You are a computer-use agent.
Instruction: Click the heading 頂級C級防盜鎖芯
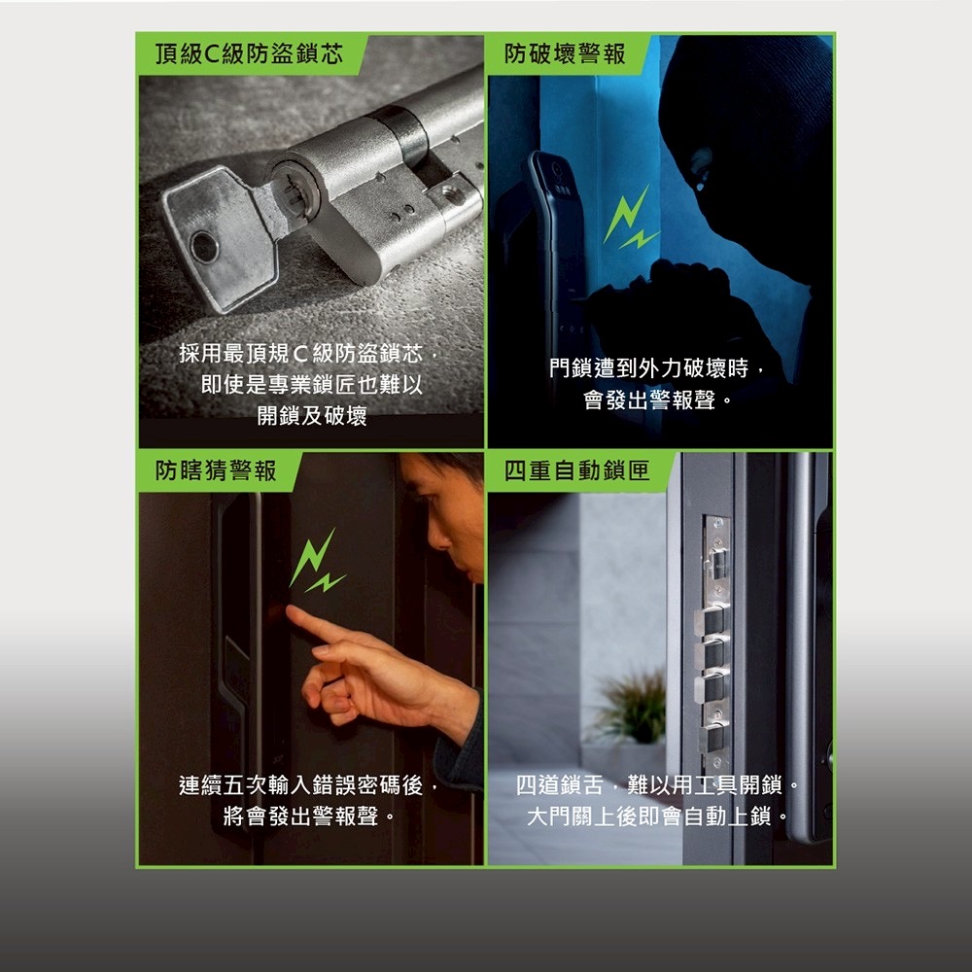click(x=251, y=54)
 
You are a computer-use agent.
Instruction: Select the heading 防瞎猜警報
click(x=217, y=471)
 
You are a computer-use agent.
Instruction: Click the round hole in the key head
click(x=203, y=247)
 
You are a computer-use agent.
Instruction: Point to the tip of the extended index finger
click(x=291, y=613)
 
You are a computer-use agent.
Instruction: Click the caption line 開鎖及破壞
click(x=311, y=416)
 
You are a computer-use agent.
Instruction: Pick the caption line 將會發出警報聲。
click(x=309, y=816)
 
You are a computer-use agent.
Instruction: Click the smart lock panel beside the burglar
click(x=559, y=233)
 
